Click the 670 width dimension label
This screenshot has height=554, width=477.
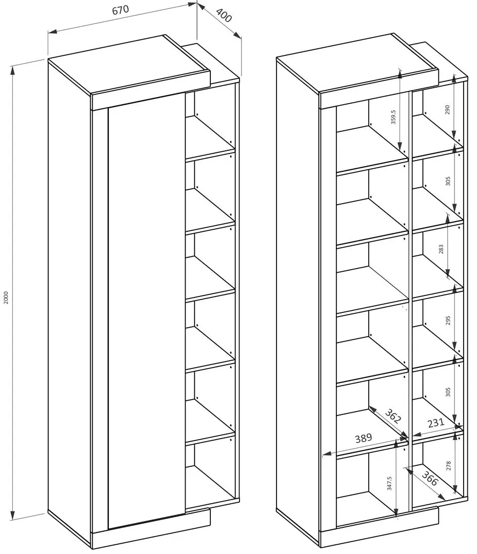click(x=121, y=10)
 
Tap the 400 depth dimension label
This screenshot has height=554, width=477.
click(x=223, y=15)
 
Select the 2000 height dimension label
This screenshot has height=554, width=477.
click(x=6, y=298)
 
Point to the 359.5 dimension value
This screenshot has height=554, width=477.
click(x=393, y=117)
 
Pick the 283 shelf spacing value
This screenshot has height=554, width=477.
click(x=441, y=249)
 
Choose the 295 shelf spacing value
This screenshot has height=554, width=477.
click(x=448, y=321)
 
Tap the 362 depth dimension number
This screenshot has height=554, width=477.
click(x=393, y=416)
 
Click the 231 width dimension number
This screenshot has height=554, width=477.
click(x=435, y=423)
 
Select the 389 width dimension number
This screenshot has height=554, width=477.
click(x=364, y=438)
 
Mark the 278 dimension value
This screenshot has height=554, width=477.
click(x=448, y=465)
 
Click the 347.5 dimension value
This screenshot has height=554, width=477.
click(x=389, y=483)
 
